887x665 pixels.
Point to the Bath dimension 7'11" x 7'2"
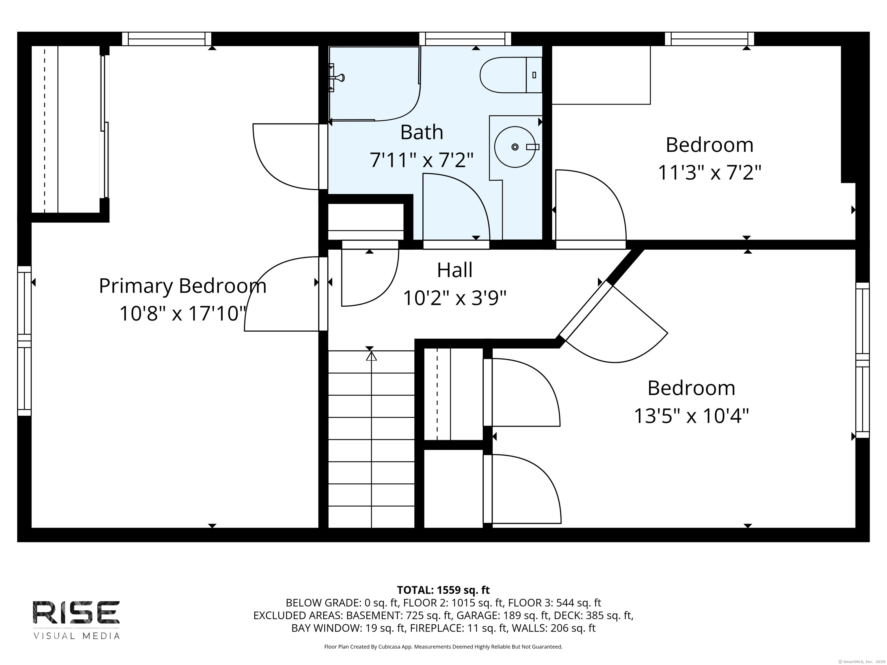point(422,160)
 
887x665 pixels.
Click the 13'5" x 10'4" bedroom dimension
point(691,416)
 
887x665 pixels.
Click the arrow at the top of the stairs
point(371,356)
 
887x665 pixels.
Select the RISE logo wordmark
point(76,612)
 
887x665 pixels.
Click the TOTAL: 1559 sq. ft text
point(443,590)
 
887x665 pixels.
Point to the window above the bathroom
point(465,39)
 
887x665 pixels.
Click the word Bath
point(422,132)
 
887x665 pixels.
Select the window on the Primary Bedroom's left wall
point(25,341)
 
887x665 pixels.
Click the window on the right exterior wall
point(862,360)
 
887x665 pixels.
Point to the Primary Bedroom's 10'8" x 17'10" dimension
point(182,313)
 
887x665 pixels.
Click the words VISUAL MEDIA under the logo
point(76,636)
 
